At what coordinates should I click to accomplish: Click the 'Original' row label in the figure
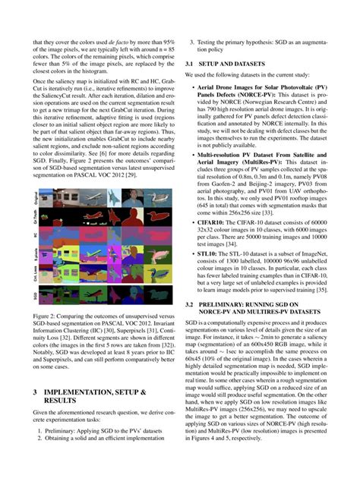click(x=36, y=199)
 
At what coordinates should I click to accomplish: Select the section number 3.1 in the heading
click(x=191, y=64)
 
